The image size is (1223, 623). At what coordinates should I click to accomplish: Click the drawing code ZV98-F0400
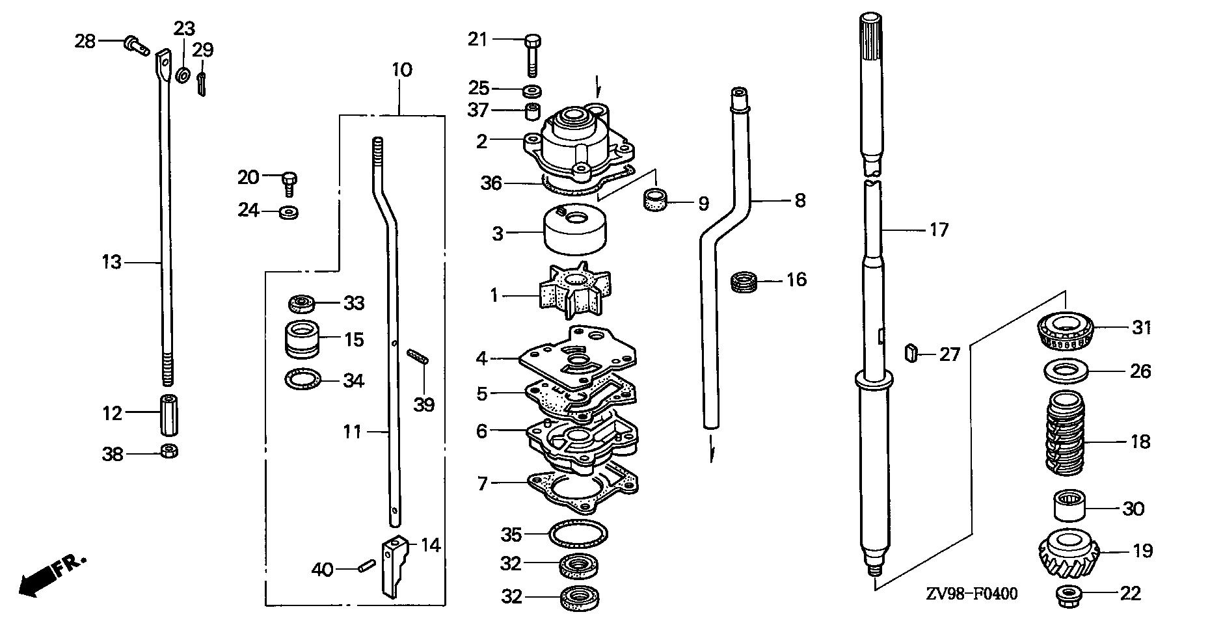(972, 593)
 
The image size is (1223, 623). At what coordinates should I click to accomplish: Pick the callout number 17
(939, 229)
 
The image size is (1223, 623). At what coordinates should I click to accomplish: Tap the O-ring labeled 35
(578, 535)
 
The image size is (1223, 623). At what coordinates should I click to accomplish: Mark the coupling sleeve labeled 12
(168, 414)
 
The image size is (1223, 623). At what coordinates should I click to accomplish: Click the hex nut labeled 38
(168, 450)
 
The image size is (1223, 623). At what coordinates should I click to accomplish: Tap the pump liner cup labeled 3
(574, 229)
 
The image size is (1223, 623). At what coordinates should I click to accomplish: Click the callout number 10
(402, 70)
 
